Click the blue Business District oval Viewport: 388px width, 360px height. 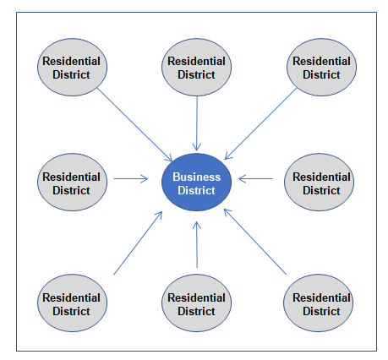tap(196, 182)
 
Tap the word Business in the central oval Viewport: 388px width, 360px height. tap(196, 177)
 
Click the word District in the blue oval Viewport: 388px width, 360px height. tap(196, 190)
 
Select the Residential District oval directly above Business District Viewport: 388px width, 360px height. tap(196, 68)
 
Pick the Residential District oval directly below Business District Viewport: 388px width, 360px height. tap(196, 303)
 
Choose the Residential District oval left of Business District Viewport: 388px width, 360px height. tap(72, 182)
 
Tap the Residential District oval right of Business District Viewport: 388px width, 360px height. tap(319, 182)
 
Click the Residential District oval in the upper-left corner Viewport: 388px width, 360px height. tap(72, 68)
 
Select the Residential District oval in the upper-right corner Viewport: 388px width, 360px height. tap(321, 68)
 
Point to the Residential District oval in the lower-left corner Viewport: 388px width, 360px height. tap(72, 303)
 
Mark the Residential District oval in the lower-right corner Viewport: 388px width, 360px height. tap(318, 303)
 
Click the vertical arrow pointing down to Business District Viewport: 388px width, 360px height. tap(197, 123)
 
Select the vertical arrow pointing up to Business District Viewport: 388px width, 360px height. tap(197, 244)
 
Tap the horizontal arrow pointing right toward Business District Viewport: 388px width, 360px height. tap(130, 178)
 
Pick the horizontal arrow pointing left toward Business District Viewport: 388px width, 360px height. tap(255, 178)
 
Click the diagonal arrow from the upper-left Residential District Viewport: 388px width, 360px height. tap(134, 124)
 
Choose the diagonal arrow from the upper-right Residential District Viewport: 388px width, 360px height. tap(261, 123)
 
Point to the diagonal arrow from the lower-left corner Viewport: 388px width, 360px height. tap(138, 243)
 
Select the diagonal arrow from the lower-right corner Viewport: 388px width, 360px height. tap(255, 242)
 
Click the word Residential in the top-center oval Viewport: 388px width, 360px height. tap(196, 61)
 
